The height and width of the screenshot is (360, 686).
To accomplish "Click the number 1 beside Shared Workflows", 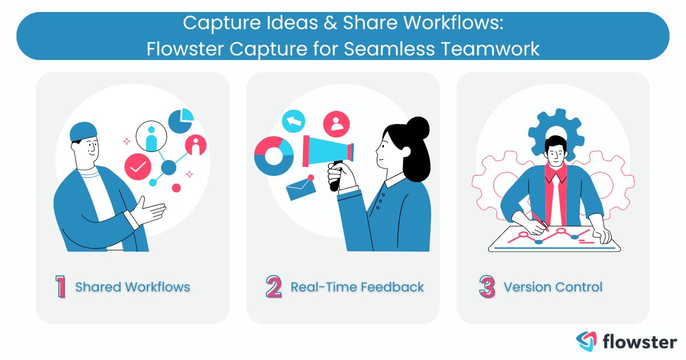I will pyautogui.click(x=61, y=287).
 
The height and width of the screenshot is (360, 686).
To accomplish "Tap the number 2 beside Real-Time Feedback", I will pyautogui.click(x=274, y=287).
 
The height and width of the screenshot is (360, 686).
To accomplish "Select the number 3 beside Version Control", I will pyautogui.click(x=486, y=287).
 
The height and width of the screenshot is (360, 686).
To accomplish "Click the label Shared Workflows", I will pyautogui.click(x=133, y=287).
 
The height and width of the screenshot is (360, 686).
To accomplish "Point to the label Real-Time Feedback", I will pyautogui.click(x=357, y=287).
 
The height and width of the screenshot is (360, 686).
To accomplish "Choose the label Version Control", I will pyautogui.click(x=553, y=287).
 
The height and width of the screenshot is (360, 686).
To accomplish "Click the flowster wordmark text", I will pyautogui.click(x=640, y=342).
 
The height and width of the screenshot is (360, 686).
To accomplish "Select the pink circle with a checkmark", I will pyautogui.click(x=138, y=167).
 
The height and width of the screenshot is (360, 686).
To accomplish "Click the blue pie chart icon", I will pyautogui.click(x=181, y=120).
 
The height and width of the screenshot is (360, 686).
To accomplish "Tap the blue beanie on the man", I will pyautogui.click(x=83, y=131).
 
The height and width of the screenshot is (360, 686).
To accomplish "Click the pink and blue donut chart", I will pyautogui.click(x=273, y=155).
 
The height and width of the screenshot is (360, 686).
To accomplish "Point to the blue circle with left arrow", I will pyautogui.click(x=294, y=121).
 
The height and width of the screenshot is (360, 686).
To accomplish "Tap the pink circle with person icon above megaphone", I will pyautogui.click(x=336, y=122).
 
